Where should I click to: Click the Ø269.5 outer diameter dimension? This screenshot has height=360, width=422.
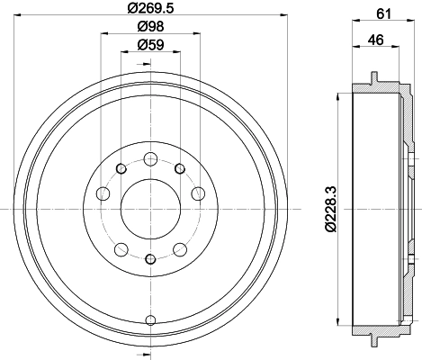pos(149,9)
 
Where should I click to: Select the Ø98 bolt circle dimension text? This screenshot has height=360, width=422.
pos(149,26)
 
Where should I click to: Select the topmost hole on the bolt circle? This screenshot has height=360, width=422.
pos(150,157)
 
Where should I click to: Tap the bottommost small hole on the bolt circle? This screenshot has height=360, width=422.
pos(150,260)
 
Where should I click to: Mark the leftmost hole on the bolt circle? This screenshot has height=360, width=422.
pos(103,193)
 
